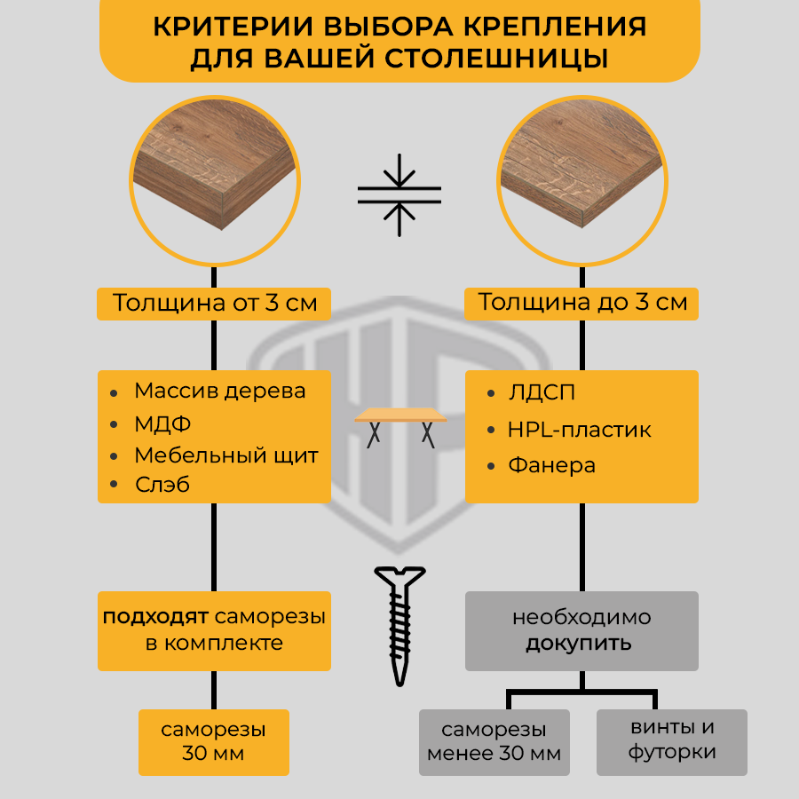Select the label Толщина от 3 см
[214, 303]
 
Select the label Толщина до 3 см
[582, 303]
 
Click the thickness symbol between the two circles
[399, 196]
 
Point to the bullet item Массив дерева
[219, 391]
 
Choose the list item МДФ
[162, 424]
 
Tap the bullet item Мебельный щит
[225, 456]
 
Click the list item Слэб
[162, 485]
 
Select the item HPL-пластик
[579, 430]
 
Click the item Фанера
[551, 465]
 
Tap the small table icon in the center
[400, 425]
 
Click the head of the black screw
[399, 578]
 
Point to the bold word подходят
[154, 616]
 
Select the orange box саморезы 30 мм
[214, 742]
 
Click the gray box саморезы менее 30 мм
[494, 742]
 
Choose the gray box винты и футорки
[672, 740]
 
